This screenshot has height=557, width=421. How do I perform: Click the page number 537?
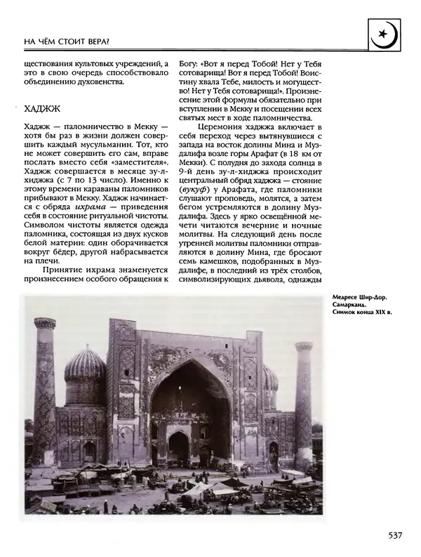pyautogui.click(x=394, y=535)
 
